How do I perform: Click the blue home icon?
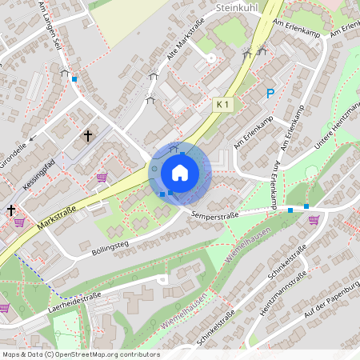tap(180, 172)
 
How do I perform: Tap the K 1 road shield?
tap(224, 105)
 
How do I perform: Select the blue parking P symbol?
tap(270, 94)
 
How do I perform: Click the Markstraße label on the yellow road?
tap(57, 223)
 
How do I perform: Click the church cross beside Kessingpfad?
tap(88, 137)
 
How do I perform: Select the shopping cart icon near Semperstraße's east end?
tap(314, 219)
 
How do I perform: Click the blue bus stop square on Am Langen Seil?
tap(74, 78)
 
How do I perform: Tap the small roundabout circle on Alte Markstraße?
tap(210, 58)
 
